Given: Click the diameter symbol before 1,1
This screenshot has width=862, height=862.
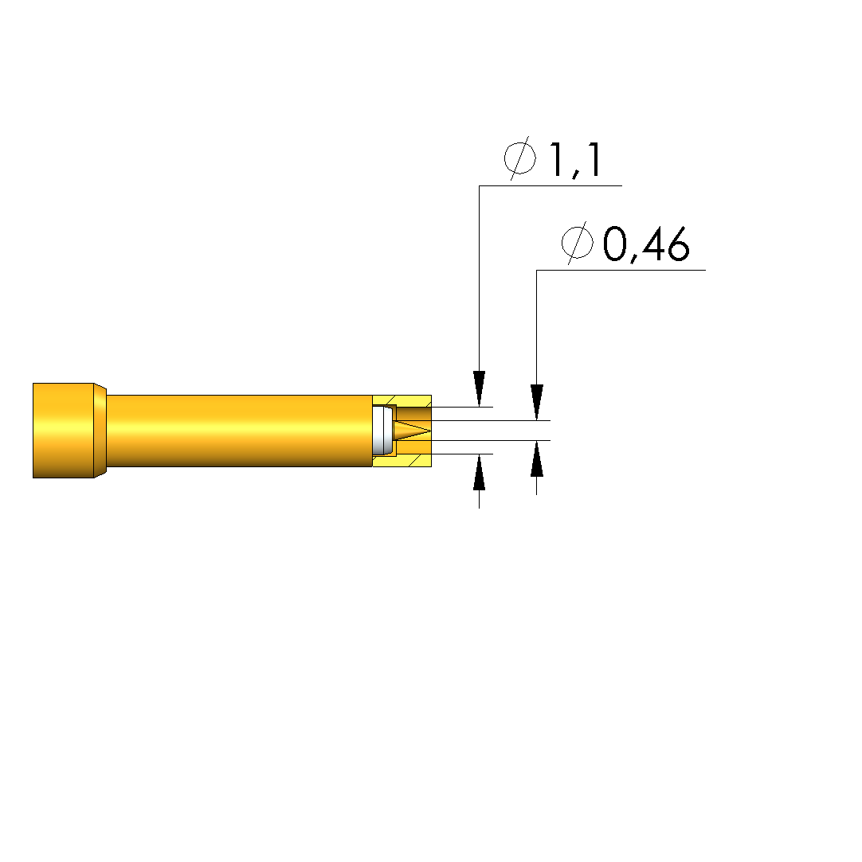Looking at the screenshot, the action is point(520,158).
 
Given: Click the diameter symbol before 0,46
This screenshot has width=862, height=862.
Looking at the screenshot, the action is point(577,243).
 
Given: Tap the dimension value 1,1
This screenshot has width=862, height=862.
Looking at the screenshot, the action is point(575,160).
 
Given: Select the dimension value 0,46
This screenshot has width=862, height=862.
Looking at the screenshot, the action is point(646,244).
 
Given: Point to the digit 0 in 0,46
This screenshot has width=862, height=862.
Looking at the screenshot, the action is point(614,244).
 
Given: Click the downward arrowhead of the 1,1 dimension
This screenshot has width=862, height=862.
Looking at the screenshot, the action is point(479,388).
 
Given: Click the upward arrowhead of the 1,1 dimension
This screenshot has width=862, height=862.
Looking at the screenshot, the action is point(479,472).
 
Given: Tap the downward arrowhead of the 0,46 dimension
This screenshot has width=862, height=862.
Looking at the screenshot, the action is point(536,402).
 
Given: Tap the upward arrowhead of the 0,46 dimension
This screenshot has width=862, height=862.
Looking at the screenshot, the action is point(536,458).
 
